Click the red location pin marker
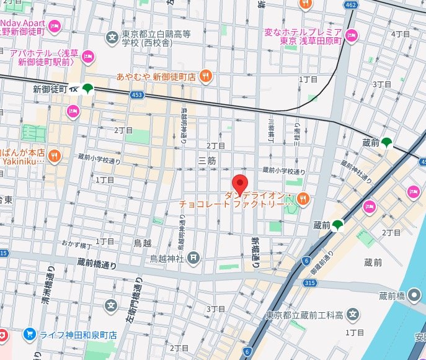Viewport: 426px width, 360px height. point(240,184)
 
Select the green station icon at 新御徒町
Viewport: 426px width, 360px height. point(87,89)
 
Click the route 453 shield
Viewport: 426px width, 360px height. point(138,95)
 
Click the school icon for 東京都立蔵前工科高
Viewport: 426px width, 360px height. point(353,314)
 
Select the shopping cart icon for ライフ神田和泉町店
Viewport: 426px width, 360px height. point(29,334)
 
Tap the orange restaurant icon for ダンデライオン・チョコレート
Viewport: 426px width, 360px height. point(302,199)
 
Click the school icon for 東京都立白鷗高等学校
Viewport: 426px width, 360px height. point(112,36)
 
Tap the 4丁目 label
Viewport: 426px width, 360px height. point(401,34)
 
